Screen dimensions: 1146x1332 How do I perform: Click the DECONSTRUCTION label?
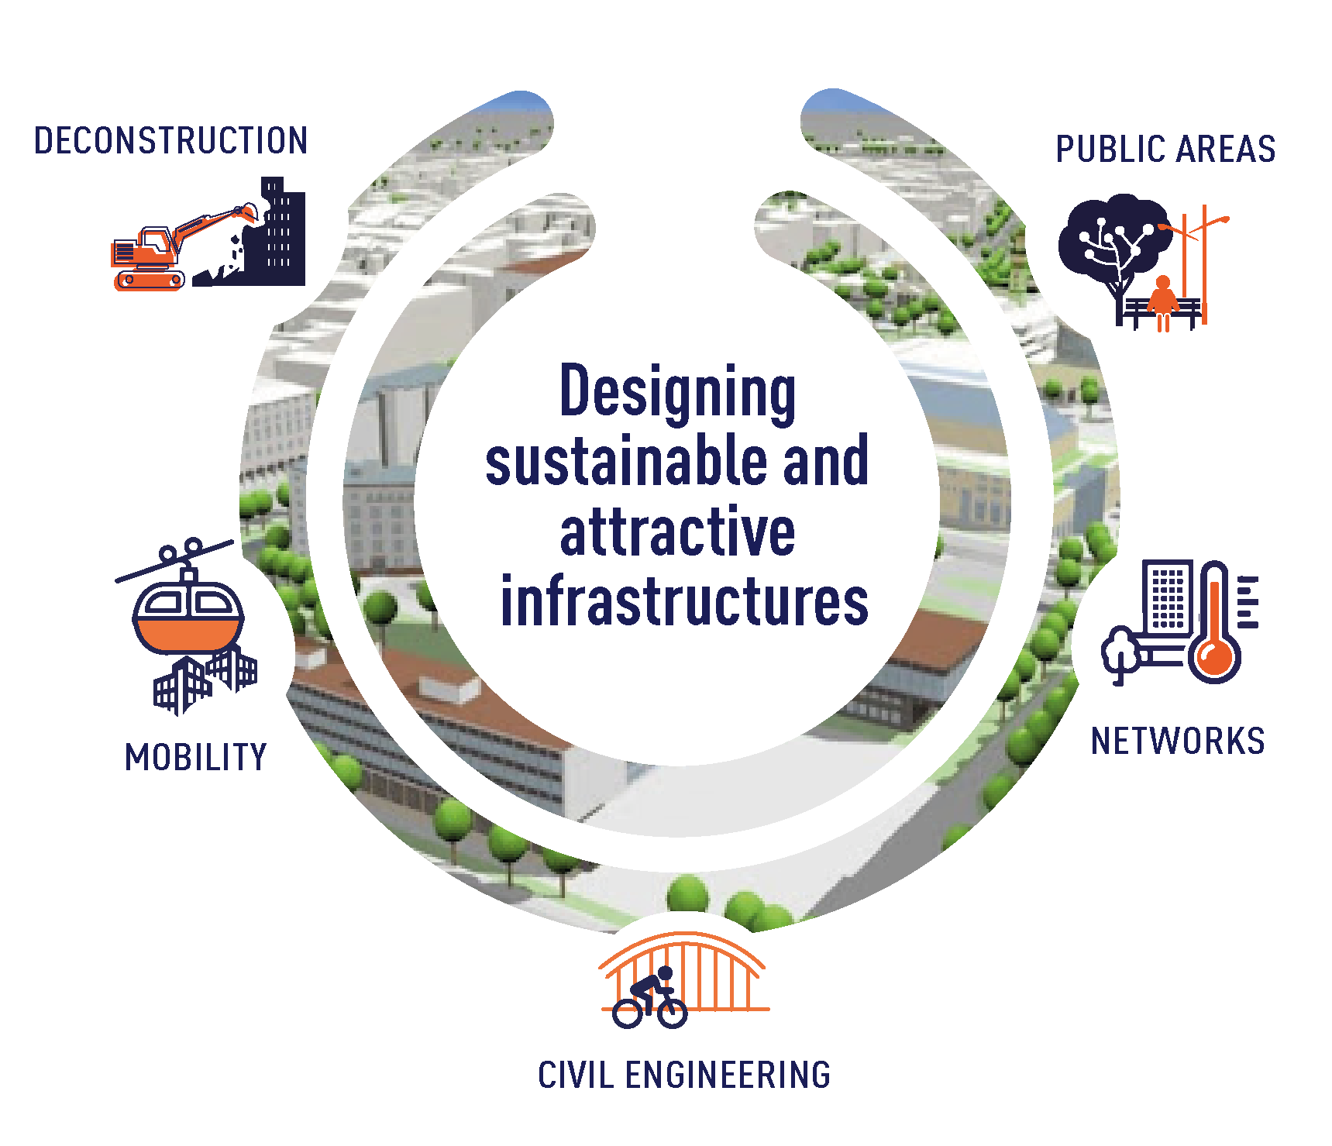click(x=170, y=141)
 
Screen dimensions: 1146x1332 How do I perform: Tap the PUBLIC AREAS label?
click(x=1165, y=150)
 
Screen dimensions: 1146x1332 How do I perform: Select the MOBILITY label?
click(x=196, y=757)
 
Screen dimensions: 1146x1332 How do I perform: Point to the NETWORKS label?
click(x=1178, y=742)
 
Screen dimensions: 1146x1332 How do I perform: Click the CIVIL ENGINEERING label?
click(x=684, y=1075)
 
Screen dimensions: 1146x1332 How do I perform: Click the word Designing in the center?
click(x=677, y=392)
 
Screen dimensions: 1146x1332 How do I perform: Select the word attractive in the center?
click(x=677, y=532)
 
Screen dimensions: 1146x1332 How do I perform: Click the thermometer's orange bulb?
click(x=1214, y=659)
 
